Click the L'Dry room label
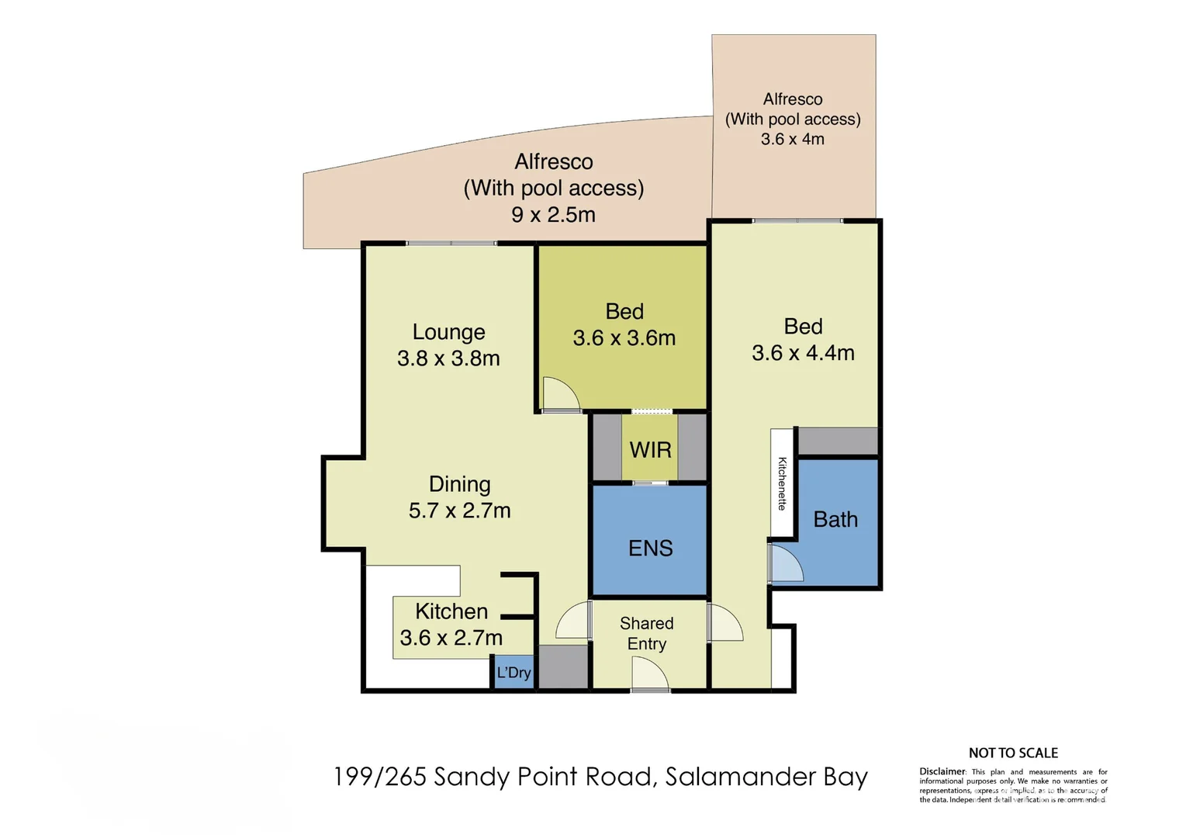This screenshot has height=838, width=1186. point(513,672)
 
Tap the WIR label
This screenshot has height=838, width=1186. point(650,450)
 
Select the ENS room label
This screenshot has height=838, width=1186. point(650,549)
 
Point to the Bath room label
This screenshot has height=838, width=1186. point(835,519)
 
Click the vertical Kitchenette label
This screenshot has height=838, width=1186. point(782,483)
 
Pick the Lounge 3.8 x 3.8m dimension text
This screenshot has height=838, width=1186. point(448,358)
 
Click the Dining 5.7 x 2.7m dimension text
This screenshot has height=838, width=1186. point(459,511)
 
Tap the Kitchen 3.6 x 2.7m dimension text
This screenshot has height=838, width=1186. point(451,638)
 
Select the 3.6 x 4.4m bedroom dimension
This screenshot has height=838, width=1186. point(803,353)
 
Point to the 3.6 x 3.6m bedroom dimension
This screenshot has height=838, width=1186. point(624,338)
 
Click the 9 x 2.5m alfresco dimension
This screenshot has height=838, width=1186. point(553,215)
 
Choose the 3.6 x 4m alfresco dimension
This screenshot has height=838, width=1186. point(792,140)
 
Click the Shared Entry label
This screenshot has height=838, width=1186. point(646,633)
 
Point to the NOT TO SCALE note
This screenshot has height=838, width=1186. point(1012,753)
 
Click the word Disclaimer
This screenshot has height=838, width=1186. point(942,771)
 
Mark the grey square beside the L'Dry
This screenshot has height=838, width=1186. point(563,667)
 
